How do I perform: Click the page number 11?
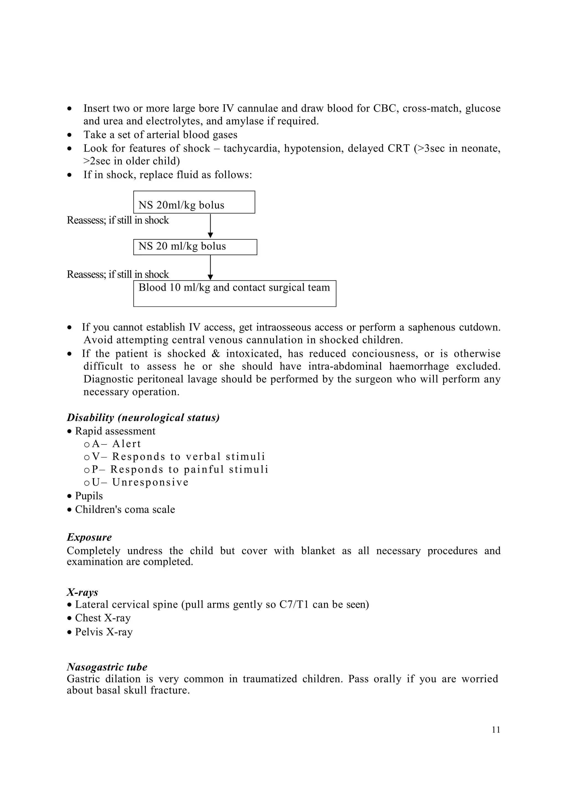click(496, 730)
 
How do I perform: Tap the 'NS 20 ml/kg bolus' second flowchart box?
click(195, 247)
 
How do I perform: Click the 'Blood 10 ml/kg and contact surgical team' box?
click(234, 293)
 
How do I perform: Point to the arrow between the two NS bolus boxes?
click(210, 226)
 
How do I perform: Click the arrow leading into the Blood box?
click(210, 267)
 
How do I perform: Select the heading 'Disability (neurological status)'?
click(143, 417)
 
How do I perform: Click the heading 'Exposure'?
click(89, 537)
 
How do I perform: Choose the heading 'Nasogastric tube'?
click(107, 667)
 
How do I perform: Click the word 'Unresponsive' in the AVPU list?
click(150, 482)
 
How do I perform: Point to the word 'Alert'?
click(127, 444)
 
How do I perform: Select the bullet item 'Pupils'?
click(89, 496)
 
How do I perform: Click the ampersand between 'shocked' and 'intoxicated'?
click(216, 353)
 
